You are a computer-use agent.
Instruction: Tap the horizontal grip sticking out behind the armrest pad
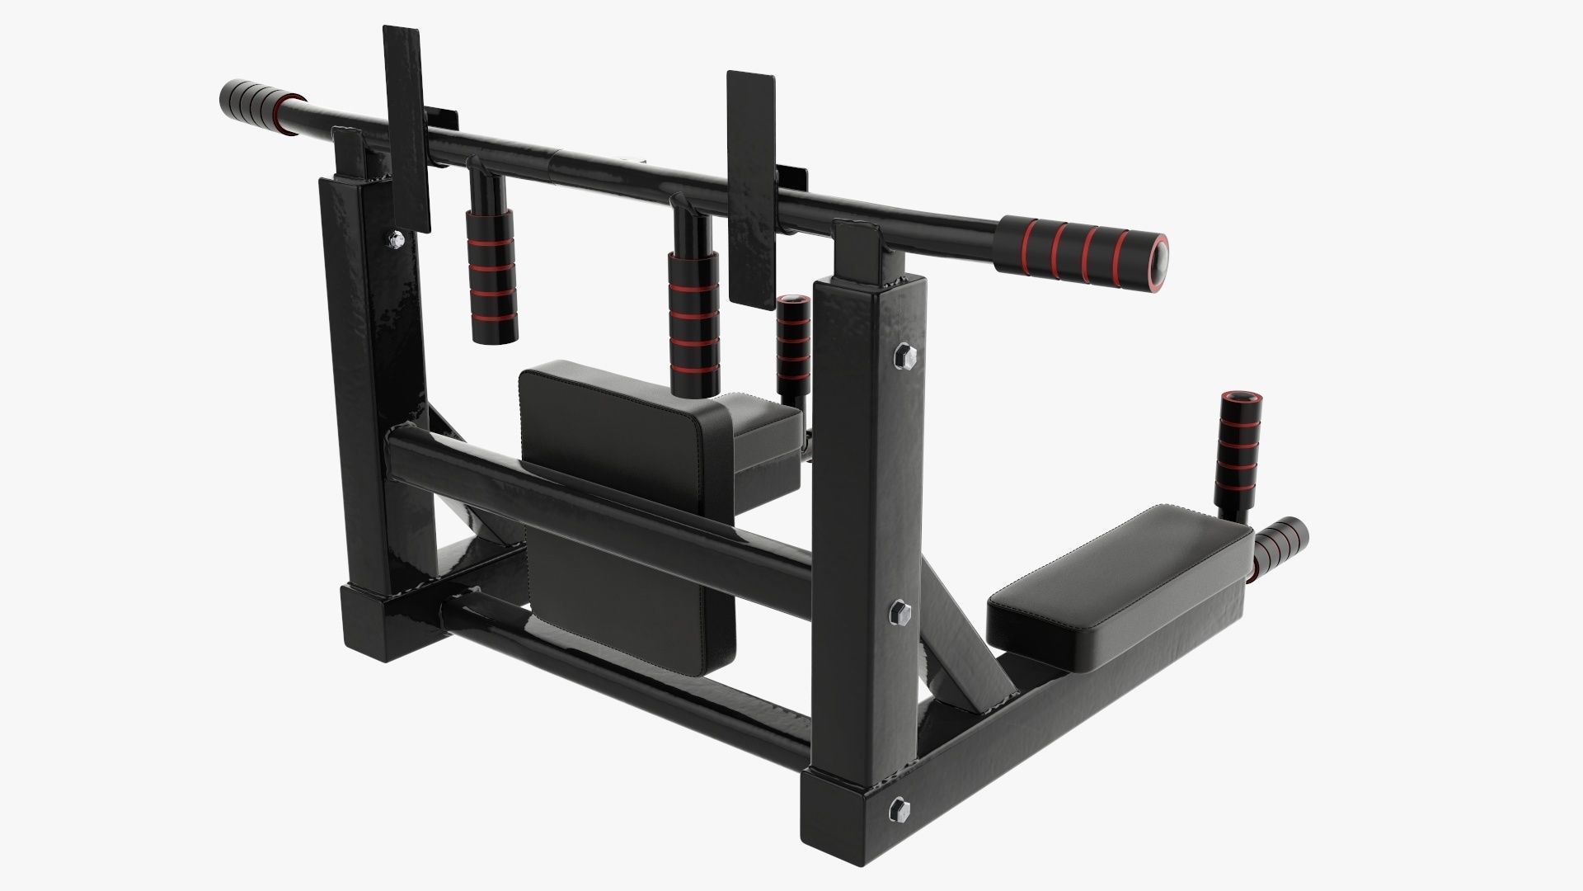[1282, 546]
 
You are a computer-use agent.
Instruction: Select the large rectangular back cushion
[627, 503]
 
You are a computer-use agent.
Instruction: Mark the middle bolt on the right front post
[901, 613]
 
